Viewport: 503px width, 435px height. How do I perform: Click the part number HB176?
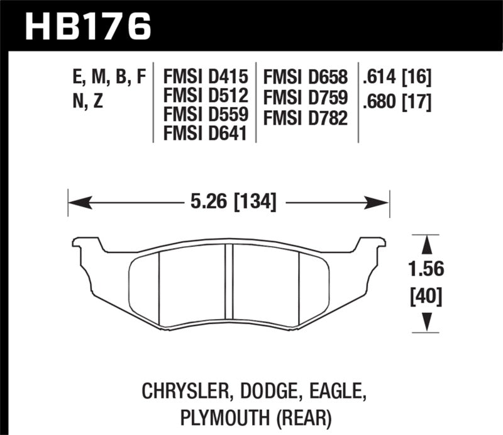(x=88, y=25)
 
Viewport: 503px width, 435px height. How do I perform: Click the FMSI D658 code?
(x=306, y=78)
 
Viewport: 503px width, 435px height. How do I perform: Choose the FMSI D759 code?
(x=306, y=97)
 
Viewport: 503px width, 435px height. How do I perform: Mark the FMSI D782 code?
(x=306, y=116)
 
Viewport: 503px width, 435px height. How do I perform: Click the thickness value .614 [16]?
(x=395, y=78)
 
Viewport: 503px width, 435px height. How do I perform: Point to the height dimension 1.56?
(x=426, y=269)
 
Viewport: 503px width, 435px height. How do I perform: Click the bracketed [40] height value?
(x=426, y=295)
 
